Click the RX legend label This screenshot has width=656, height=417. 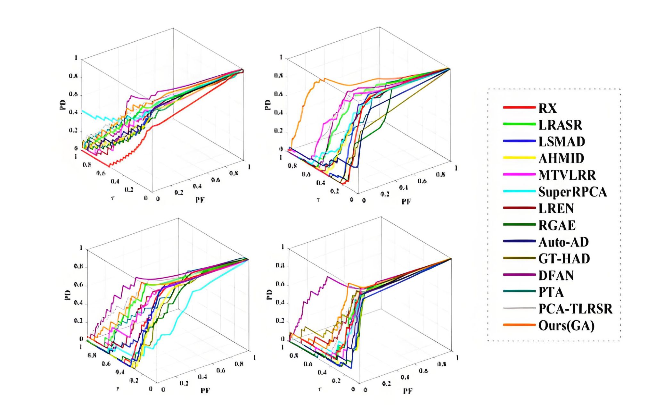(547, 108)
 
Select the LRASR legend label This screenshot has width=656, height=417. (560, 125)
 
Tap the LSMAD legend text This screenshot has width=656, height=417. (562, 142)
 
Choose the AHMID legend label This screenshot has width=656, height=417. (561, 158)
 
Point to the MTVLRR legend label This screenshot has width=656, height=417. (567, 175)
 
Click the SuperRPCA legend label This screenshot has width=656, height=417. (572, 192)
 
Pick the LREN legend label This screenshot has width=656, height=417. (556, 209)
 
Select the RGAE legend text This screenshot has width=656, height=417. (557, 225)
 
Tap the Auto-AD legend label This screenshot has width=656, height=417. (563, 242)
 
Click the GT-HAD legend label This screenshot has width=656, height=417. (564, 259)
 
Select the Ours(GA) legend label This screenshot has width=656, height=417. (566, 326)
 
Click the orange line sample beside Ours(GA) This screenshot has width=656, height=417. (519, 325)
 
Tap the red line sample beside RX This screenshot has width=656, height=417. (519, 107)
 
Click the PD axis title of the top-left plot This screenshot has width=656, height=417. (63, 105)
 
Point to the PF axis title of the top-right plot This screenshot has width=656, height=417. (406, 201)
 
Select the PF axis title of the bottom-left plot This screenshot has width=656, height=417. (205, 390)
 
